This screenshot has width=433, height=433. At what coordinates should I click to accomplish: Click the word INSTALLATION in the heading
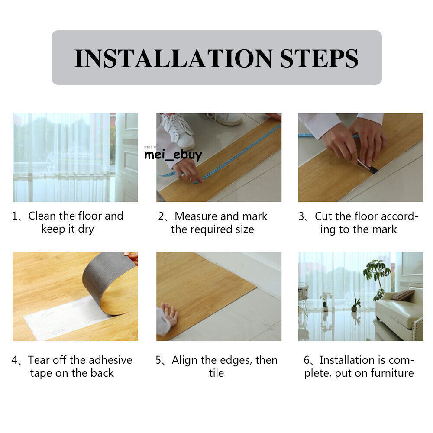(174, 58)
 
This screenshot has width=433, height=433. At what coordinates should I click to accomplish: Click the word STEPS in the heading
(319, 58)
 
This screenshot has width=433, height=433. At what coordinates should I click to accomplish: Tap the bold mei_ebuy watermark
(173, 155)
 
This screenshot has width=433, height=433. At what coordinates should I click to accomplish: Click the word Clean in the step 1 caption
(42, 216)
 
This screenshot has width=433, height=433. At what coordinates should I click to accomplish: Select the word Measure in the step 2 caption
(196, 216)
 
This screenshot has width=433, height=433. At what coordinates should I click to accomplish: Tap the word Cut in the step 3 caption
(324, 216)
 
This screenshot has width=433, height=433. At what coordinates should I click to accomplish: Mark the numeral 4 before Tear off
(15, 360)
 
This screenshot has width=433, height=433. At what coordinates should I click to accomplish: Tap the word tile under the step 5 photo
(216, 373)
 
